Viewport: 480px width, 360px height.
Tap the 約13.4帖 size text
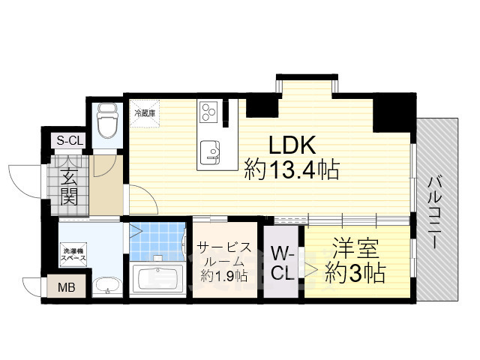292,170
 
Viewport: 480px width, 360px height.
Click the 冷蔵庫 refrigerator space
145,113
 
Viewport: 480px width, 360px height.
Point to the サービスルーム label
223,253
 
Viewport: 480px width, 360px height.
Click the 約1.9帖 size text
223,276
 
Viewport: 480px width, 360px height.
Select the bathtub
157,279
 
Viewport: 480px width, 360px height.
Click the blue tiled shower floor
157,239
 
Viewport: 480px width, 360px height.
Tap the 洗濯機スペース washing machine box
73,254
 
